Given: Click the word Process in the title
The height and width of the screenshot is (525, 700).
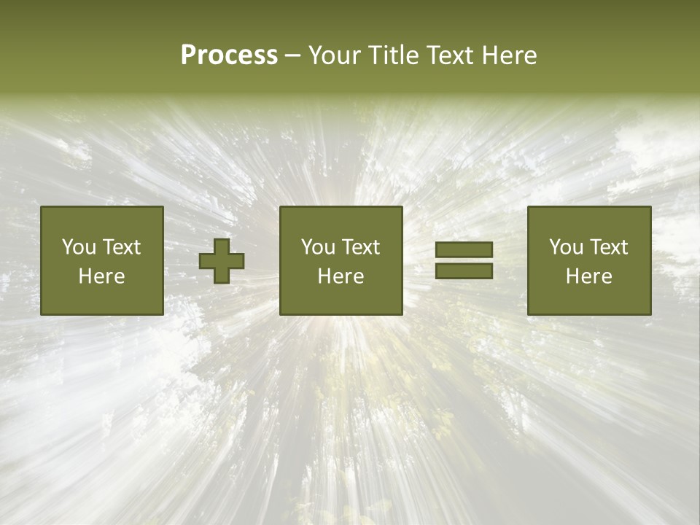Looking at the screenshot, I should point(229,55).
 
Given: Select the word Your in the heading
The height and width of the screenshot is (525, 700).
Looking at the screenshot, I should point(333,55).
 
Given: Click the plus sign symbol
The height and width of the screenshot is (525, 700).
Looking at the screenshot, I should point(222,261).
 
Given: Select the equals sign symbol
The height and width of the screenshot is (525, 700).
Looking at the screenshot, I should point(464,260).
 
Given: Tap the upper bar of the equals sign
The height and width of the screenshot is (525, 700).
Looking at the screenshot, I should point(464,249).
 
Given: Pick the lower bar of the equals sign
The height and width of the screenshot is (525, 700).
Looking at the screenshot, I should point(464,271).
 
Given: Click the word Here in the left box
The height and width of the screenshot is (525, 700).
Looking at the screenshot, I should point(102,276).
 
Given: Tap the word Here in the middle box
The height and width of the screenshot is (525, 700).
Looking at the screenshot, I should point(341,276).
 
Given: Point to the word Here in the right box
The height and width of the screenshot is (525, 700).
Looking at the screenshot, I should point(589,276).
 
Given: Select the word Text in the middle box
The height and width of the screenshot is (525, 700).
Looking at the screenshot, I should point(361,247).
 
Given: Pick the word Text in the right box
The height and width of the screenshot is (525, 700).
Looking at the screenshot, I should point(609,247).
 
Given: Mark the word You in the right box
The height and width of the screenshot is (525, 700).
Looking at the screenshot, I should point(566,247).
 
